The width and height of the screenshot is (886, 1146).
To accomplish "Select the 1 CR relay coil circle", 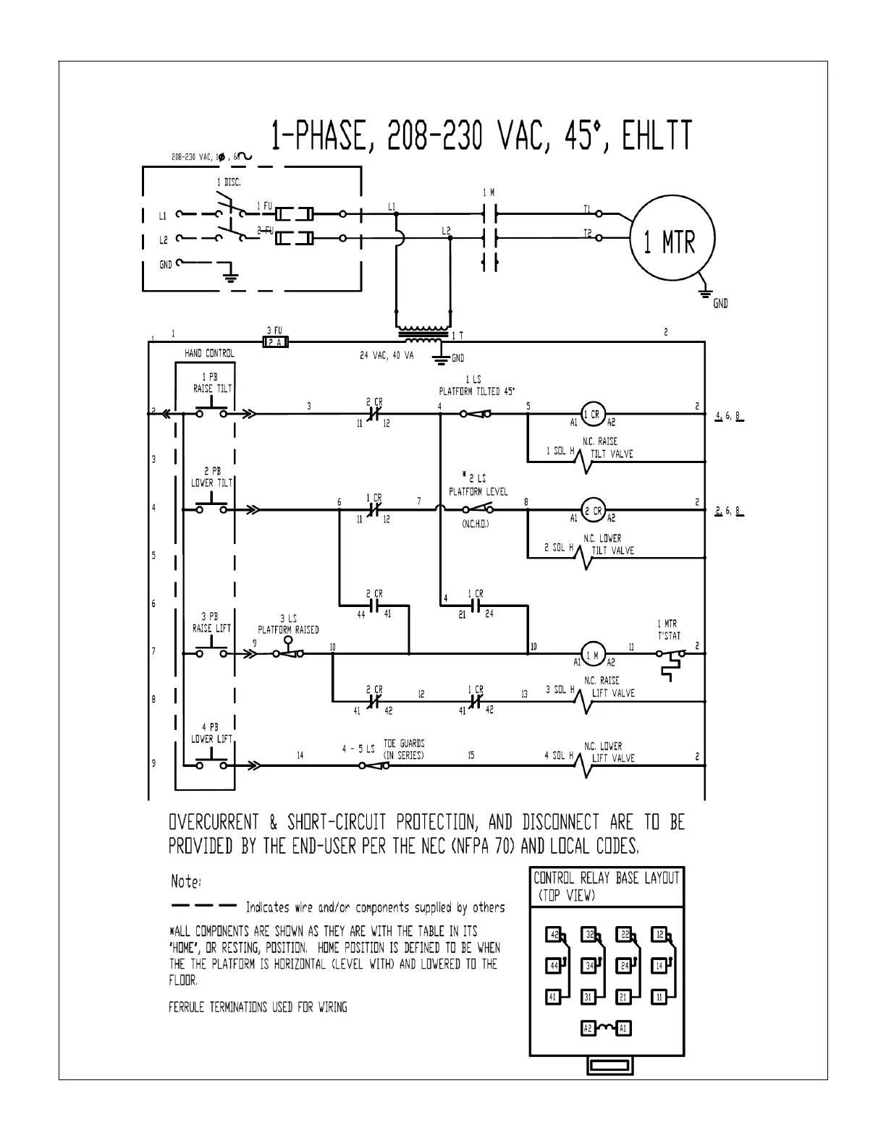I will [x=594, y=415].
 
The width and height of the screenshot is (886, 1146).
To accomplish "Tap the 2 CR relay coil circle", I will [x=594, y=510].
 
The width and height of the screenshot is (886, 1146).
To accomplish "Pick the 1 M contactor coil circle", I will [x=594, y=654].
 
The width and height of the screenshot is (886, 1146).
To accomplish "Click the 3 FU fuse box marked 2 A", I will [x=274, y=342].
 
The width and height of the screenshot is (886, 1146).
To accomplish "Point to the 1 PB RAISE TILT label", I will [x=211, y=383].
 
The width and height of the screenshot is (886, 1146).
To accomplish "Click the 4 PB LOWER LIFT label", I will [x=211, y=733].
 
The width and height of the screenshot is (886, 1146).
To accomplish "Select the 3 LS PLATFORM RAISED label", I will [x=288, y=624].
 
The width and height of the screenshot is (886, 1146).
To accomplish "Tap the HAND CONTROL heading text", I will [x=209, y=353].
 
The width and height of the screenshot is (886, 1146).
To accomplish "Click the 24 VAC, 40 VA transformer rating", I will [x=387, y=356].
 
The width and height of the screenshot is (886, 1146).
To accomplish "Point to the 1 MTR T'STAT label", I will [x=667, y=629].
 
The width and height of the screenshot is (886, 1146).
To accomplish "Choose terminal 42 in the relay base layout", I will [x=554, y=934].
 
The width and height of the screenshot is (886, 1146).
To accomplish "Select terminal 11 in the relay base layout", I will [x=659, y=997].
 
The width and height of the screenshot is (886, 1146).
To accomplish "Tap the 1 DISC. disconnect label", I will [x=229, y=182].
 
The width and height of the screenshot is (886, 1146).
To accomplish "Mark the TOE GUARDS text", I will [x=403, y=743].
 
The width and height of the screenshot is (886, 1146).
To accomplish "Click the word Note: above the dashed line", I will [x=186, y=882].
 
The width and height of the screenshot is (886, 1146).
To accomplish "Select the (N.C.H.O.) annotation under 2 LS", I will [x=476, y=524].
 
